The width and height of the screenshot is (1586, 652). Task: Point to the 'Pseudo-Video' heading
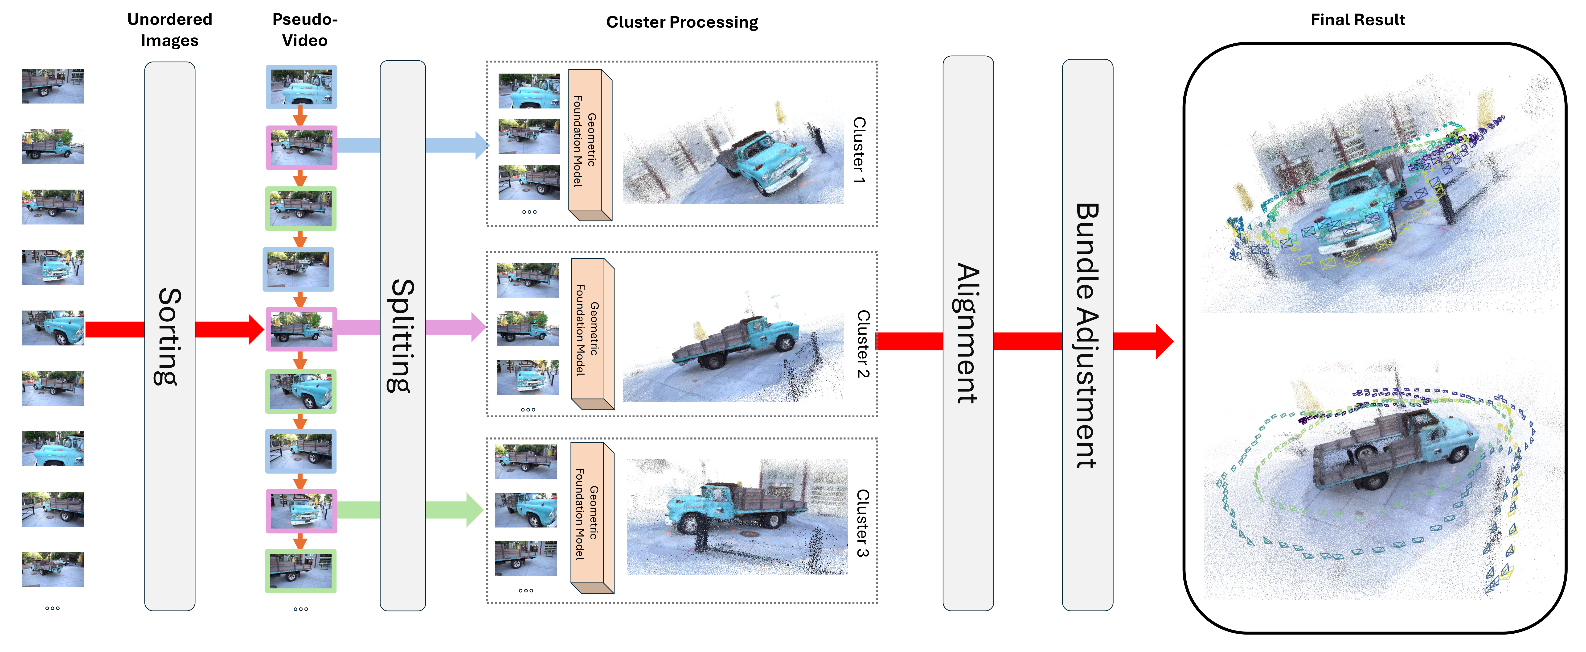(x=305, y=29)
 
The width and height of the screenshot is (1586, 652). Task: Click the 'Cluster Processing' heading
(x=682, y=22)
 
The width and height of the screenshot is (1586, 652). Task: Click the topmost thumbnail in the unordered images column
(x=53, y=86)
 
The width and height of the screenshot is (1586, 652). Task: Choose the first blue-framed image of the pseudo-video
(x=301, y=87)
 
